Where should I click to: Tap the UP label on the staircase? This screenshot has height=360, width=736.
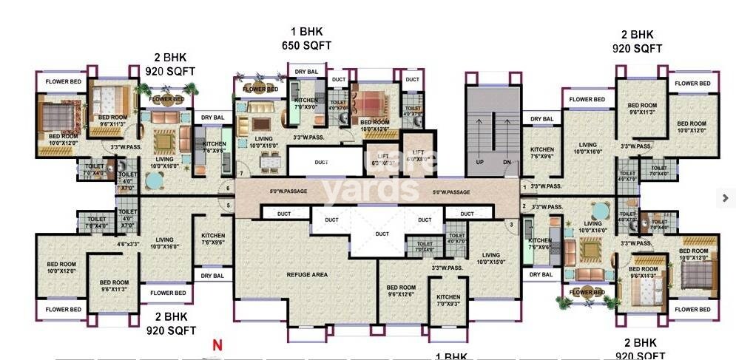(479, 161)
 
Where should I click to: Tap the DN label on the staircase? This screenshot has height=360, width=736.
(506, 161)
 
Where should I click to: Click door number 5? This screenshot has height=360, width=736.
(229, 205)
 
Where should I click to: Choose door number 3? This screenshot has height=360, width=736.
(511, 224)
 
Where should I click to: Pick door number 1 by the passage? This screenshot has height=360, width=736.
(524, 186)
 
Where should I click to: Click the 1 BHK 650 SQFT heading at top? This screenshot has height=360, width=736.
(306, 38)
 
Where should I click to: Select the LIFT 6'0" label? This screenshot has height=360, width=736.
(418, 154)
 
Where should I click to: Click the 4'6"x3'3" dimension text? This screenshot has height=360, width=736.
(127, 244)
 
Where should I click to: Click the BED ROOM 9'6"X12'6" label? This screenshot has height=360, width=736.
(402, 291)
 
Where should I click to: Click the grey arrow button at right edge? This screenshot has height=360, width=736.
(726, 197)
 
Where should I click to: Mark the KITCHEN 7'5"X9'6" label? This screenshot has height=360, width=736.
(540, 244)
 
